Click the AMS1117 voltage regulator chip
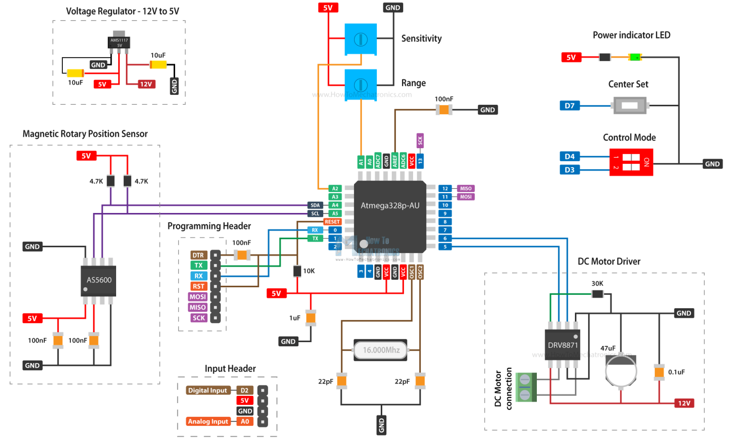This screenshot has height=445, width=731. (119, 42)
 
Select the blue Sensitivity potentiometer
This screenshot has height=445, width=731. (361, 39)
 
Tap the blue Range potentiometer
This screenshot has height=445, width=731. (361, 85)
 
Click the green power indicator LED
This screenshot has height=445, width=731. (635, 57)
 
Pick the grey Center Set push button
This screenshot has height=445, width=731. (629, 105)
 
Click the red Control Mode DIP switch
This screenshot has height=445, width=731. (631, 162)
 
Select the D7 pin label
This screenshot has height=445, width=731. (570, 106)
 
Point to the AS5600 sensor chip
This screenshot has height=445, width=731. (99, 280)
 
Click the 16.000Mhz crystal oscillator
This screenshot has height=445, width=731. (381, 350)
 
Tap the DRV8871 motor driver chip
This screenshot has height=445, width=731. (563, 345)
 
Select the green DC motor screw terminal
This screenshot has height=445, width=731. (525, 387)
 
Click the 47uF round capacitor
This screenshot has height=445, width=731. (621, 370)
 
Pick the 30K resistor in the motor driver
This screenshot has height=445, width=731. (597, 294)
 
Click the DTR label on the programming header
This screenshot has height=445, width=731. (198, 255)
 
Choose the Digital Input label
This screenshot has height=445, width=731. (207, 390)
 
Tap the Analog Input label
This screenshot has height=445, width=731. (208, 422)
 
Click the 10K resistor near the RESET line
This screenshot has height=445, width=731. (297, 271)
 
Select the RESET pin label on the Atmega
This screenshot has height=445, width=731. (332, 222)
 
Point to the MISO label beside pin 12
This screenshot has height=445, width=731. (465, 189)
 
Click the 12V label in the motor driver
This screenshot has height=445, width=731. (684, 403)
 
